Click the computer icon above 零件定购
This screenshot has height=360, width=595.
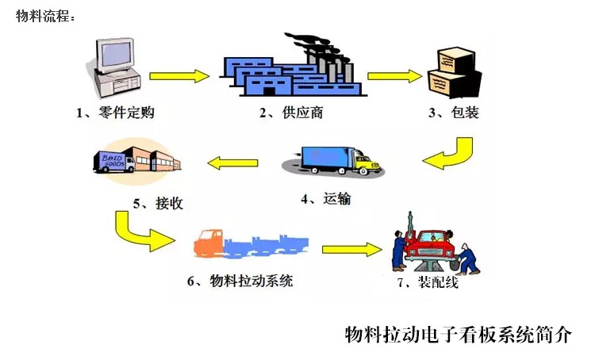click(117, 63)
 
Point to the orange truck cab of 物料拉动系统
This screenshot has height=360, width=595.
click(209, 242)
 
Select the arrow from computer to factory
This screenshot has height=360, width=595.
click(180, 76)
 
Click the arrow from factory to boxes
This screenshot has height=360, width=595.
click(394, 76)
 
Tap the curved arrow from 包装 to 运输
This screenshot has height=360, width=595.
click(447, 155)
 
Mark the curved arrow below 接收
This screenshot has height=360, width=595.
click(140, 230)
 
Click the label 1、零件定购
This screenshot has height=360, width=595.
click(115, 113)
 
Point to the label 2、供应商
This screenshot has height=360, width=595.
click(291, 113)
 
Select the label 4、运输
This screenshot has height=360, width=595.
click(325, 200)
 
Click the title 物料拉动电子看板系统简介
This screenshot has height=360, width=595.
click(458, 334)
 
